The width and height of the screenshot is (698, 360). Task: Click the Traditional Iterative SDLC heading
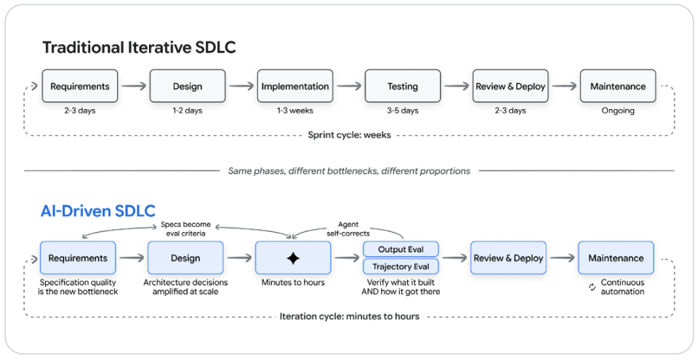(x=139, y=47)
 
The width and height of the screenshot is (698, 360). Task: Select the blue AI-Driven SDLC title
(x=98, y=211)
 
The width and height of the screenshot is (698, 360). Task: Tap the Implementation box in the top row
(x=295, y=86)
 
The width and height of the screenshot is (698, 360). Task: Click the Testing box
(x=403, y=86)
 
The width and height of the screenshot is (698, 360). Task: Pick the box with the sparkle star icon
(x=293, y=258)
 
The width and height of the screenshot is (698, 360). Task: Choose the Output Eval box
(x=401, y=249)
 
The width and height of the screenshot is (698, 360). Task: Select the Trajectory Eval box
(x=401, y=266)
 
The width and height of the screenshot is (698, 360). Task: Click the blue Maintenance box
(x=616, y=258)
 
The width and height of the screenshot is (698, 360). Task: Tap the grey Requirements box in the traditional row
(x=80, y=86)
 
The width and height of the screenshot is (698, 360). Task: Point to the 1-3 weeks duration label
(x=295, y=111)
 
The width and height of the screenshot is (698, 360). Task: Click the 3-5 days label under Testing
(x=403, y=111)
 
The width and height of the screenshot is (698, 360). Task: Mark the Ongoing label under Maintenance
(x=618, y=111)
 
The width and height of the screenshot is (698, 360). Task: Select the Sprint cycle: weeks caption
(x=350, y=135)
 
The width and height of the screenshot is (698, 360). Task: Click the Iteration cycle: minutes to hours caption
(x=350, y=317)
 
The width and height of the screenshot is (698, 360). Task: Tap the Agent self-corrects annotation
(x=348, y=228)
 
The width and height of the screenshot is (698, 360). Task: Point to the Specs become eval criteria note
(x=185, y=228)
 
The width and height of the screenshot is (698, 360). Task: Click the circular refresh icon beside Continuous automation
(x=592, y=287)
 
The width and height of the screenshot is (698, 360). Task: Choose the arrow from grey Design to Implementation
(x=241, y=86)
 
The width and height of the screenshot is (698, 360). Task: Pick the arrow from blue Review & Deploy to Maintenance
(x=562, y=258)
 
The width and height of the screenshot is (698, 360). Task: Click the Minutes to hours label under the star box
(x=293, y=282)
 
